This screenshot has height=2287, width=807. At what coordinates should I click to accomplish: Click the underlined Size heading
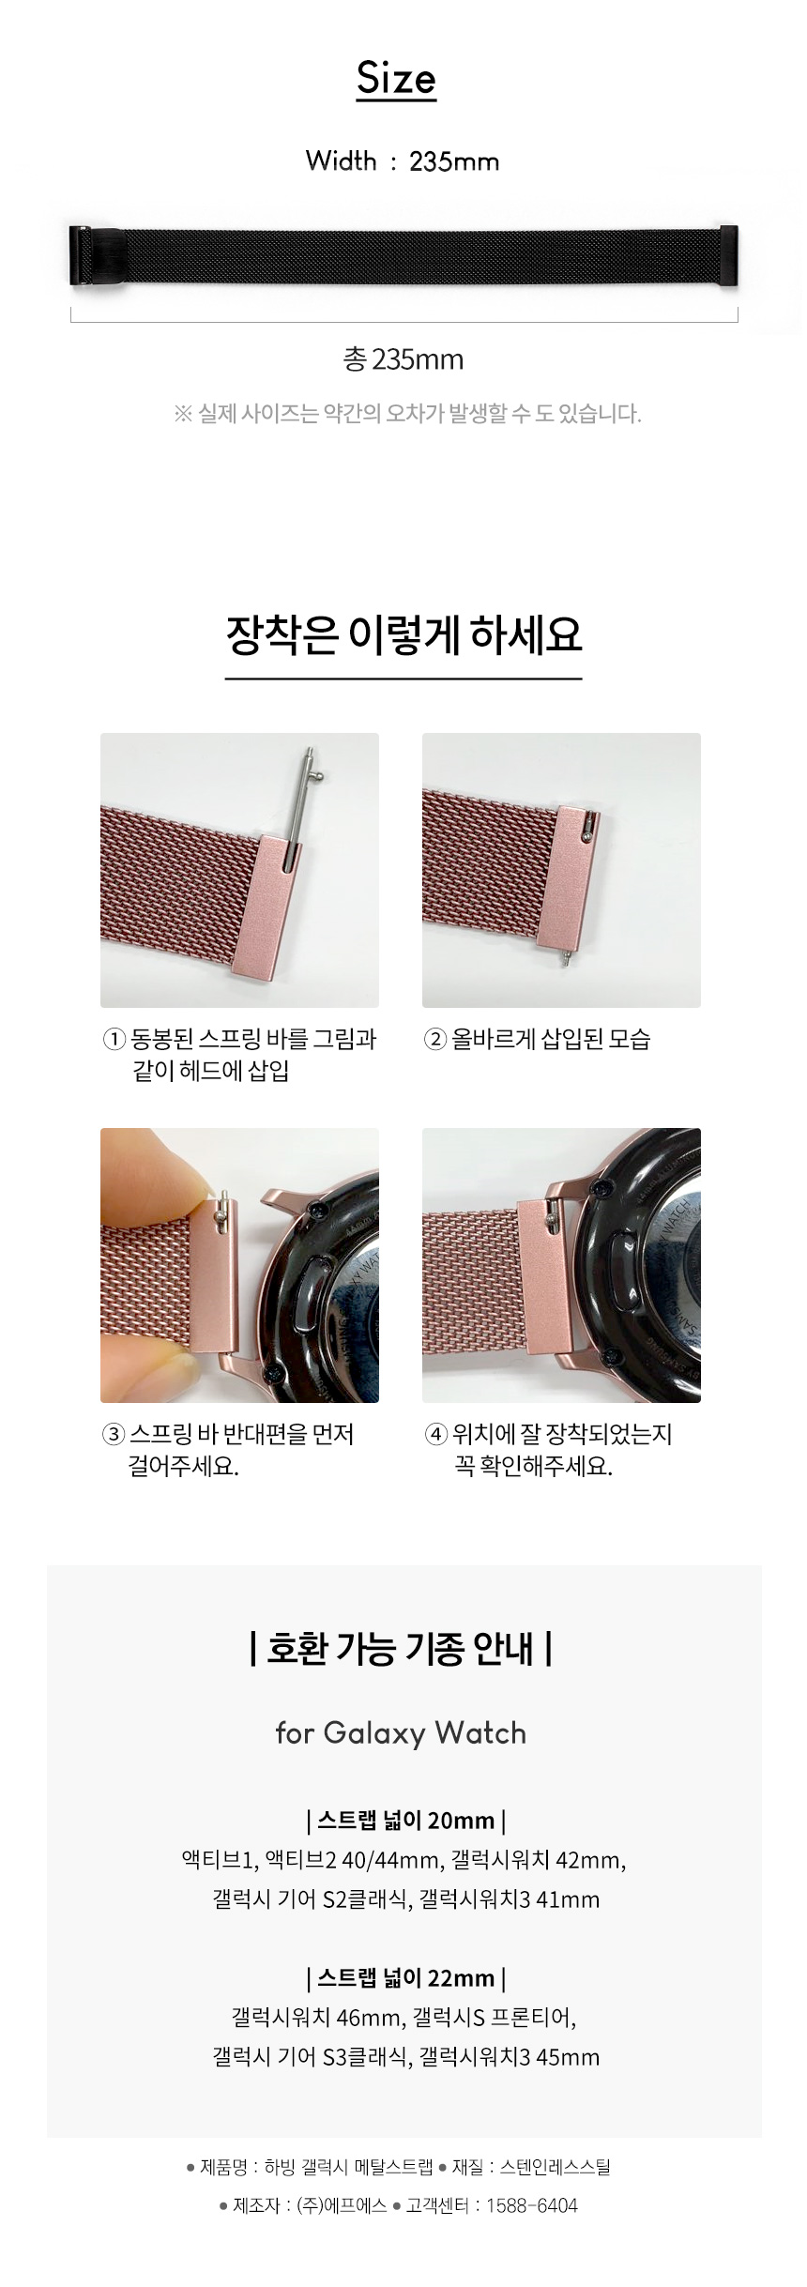396,80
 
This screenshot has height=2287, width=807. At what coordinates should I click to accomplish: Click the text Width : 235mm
403,161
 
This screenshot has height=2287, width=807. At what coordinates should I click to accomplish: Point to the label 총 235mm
403,359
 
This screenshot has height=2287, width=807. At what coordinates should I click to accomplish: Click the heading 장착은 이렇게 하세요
403,635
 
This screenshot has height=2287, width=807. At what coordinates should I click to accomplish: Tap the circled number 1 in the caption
114,1039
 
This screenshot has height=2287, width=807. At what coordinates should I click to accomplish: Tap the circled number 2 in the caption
435,1039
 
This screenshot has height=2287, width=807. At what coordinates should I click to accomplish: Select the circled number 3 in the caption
114,1434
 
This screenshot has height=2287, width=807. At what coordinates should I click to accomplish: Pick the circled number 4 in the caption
436,1434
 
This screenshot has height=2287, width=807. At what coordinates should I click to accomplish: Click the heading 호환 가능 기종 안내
402,1648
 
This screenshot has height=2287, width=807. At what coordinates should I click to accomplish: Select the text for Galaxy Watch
402,1732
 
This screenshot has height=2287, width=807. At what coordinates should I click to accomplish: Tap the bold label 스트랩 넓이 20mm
406,1821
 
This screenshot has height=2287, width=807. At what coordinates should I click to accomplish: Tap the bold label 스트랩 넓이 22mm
406,1978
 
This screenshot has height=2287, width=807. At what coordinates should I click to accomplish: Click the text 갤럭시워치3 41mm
510,1899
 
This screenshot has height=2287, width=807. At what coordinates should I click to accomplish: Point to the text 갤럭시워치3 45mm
510,2057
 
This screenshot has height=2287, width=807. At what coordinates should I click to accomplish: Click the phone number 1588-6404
532,2205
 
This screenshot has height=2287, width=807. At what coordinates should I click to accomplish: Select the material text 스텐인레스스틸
556,2166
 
